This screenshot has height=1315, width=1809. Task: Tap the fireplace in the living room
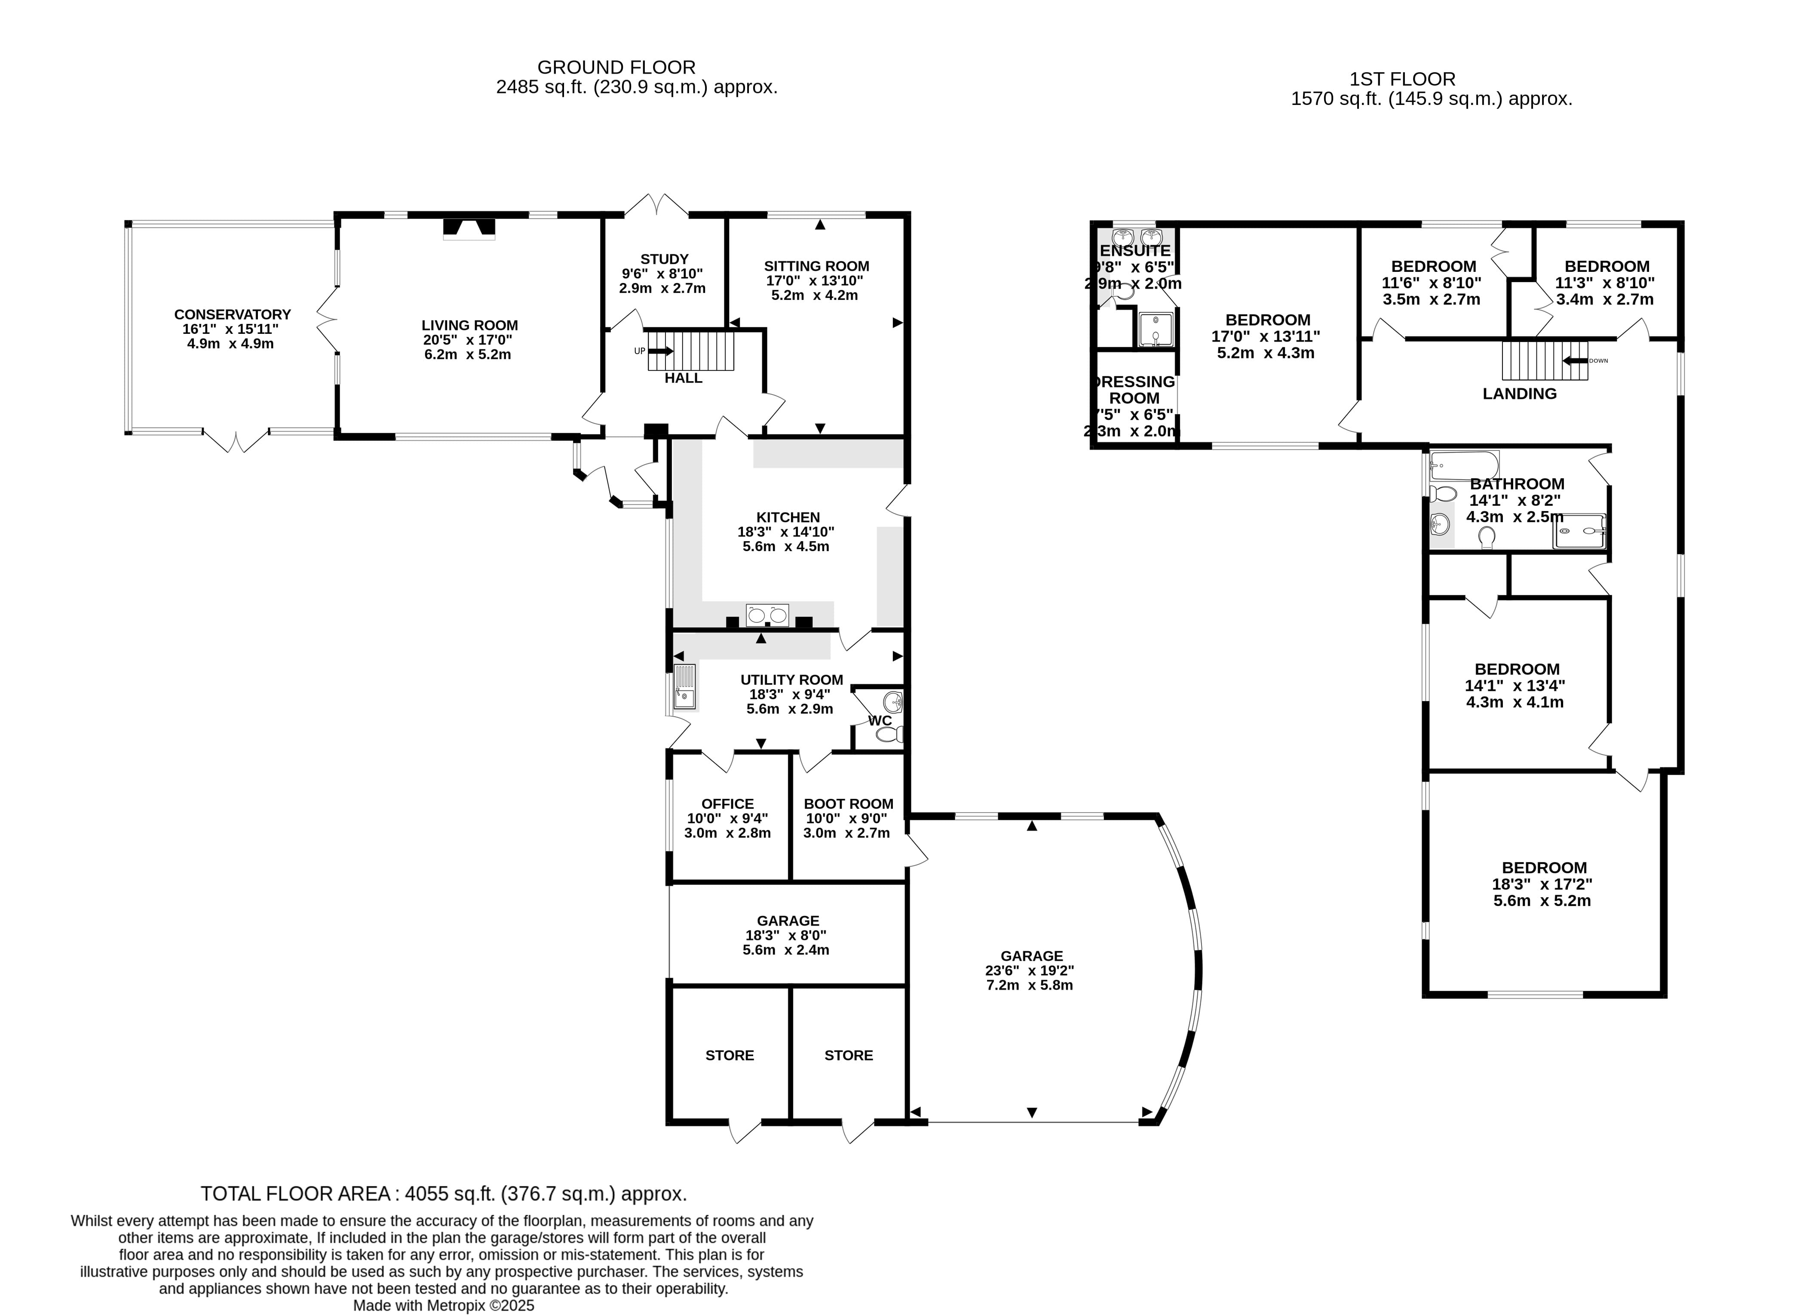469,228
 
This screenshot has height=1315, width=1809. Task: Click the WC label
880,721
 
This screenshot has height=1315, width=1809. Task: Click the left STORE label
729,1055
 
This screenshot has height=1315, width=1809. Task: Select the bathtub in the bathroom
1464,465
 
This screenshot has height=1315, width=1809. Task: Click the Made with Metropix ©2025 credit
444,1306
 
